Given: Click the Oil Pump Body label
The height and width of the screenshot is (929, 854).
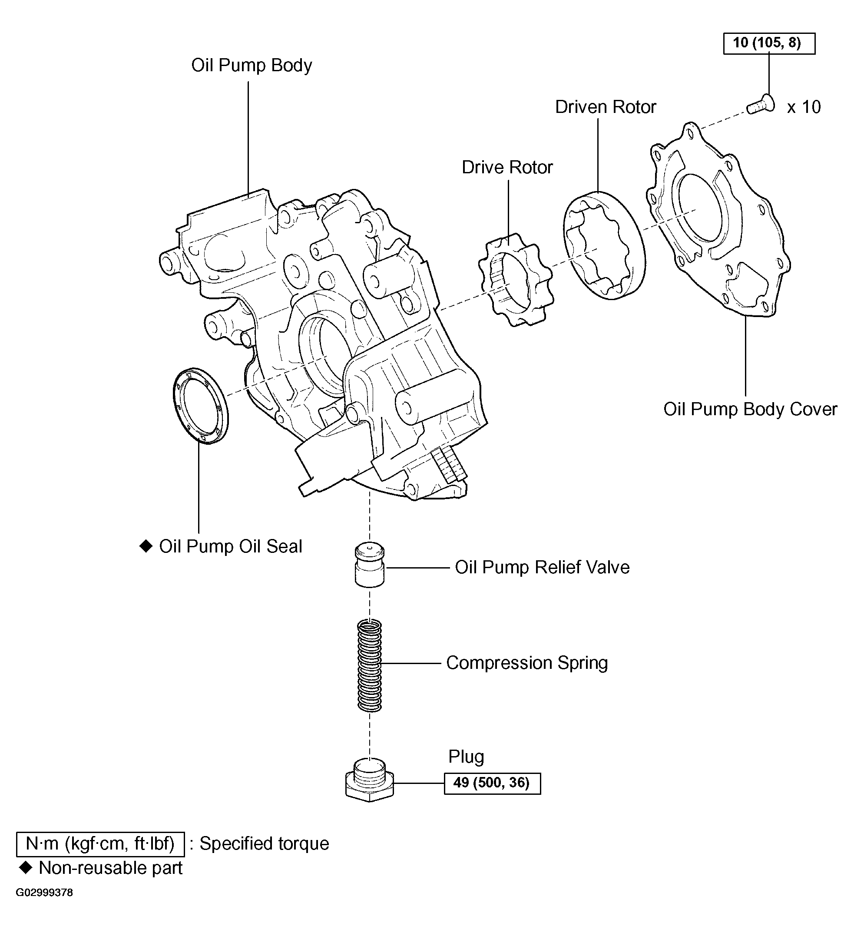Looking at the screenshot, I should click(252, 65).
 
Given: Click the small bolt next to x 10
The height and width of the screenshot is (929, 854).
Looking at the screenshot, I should click(760, 106).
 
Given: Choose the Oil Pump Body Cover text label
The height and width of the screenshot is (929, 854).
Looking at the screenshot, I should click(750, 409).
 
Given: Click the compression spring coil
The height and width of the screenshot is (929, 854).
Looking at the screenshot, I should click(370, 665).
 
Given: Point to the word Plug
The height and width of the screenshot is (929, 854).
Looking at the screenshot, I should click(466, 757).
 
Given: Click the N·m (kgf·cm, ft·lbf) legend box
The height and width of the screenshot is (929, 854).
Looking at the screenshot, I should click(100, 843).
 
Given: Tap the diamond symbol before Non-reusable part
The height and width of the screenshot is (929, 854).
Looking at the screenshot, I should click(26, 868).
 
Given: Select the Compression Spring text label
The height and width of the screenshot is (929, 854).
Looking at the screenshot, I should click(526, 663).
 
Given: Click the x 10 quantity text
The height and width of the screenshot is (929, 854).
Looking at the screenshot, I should click(804, 107).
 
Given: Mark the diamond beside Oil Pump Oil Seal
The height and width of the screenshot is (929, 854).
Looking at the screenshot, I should click(146, 546).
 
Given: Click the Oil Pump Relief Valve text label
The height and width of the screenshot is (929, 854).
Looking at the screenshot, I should click(542, 567).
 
